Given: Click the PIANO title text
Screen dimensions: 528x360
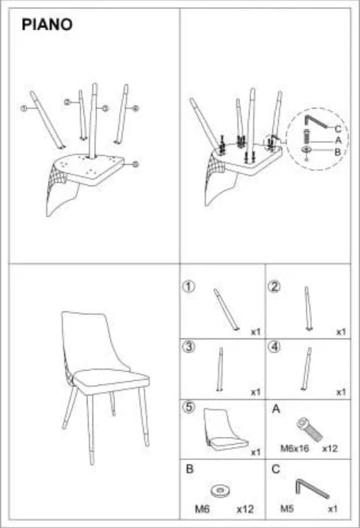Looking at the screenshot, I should pos(47,25).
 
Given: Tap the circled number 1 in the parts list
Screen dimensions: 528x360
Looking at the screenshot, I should pos(190,286).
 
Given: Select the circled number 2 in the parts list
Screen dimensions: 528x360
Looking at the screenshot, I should pos(275,286).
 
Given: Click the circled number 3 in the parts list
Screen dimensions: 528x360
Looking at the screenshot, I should pos(190,346).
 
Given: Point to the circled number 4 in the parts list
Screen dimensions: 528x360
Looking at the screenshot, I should pos(275,346).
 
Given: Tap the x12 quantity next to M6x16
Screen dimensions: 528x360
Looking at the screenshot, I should pos(330,448).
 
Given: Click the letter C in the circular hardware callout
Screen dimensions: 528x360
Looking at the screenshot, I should pos(338,128).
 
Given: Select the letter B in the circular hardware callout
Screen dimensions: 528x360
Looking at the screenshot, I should pos(338,152).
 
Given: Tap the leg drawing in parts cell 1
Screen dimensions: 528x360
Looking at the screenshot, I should pos(225,307).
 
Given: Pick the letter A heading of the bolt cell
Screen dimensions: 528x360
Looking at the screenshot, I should pos(274,409).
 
